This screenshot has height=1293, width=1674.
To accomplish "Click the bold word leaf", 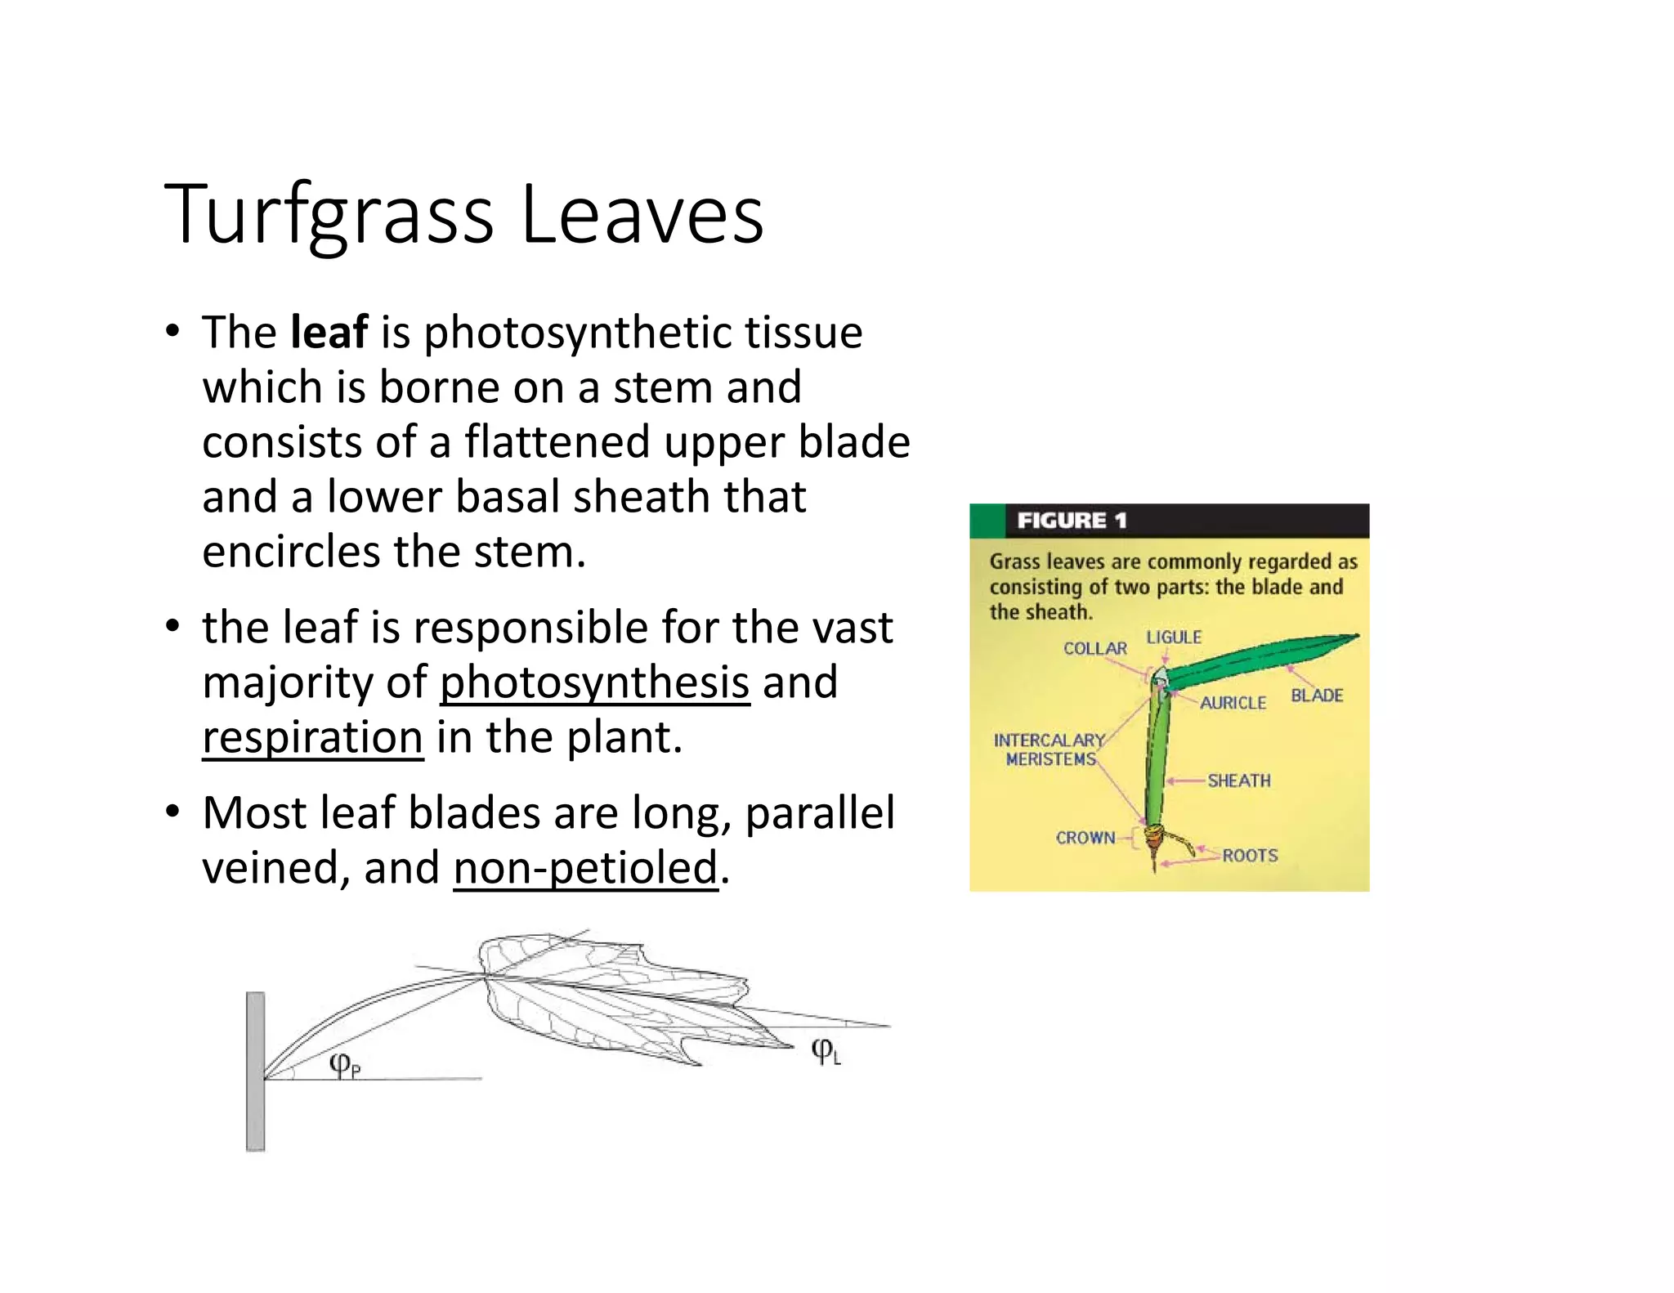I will coord(329,333).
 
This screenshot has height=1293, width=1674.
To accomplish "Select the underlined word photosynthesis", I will coord(594,682).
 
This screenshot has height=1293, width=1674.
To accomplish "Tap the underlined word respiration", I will coord(312,737).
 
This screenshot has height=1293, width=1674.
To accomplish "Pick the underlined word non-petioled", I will coord(585,867).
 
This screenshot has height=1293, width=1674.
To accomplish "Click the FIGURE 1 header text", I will coord(1072,521).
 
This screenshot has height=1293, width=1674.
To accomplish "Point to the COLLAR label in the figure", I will coord(1094,648).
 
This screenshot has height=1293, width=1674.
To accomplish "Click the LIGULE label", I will coord(1174,638).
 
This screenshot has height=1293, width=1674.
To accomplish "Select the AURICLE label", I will coord(1233,703).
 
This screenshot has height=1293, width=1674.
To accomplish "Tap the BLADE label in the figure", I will coord(1317,696).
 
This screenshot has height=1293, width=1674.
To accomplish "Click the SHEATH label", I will coord(1239,781).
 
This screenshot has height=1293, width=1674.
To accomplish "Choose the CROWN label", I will coord(1085,838).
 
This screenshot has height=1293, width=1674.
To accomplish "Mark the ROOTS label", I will coord(1250,856).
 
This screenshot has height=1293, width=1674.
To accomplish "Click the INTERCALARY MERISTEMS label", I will coord(1050,749).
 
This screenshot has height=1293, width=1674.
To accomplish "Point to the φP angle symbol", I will coord(344,1064).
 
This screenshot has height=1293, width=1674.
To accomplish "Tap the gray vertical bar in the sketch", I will coord(256,1072).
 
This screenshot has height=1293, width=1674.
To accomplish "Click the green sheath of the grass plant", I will coord(1157,760).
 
